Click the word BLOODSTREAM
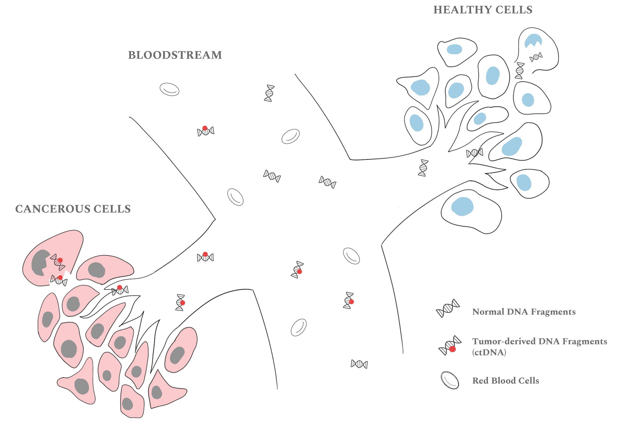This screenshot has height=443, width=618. [175, 55]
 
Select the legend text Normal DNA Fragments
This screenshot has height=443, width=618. [524, 312]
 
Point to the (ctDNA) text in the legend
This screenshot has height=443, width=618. [489, 352]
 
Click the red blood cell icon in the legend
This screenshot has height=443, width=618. [449, 380]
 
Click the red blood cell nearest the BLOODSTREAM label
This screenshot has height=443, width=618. [169, 89]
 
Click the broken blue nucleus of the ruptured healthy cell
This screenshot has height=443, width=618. [533, 41]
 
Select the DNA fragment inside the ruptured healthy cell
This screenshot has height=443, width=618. [536, 57]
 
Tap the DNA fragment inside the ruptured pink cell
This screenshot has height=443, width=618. [58, 262]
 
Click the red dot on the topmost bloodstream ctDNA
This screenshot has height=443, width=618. [205, 128]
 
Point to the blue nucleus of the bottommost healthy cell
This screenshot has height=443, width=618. [462, 206]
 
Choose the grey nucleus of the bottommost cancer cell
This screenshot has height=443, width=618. [127, 403]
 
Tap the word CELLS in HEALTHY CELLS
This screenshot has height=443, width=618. [514, 10]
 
